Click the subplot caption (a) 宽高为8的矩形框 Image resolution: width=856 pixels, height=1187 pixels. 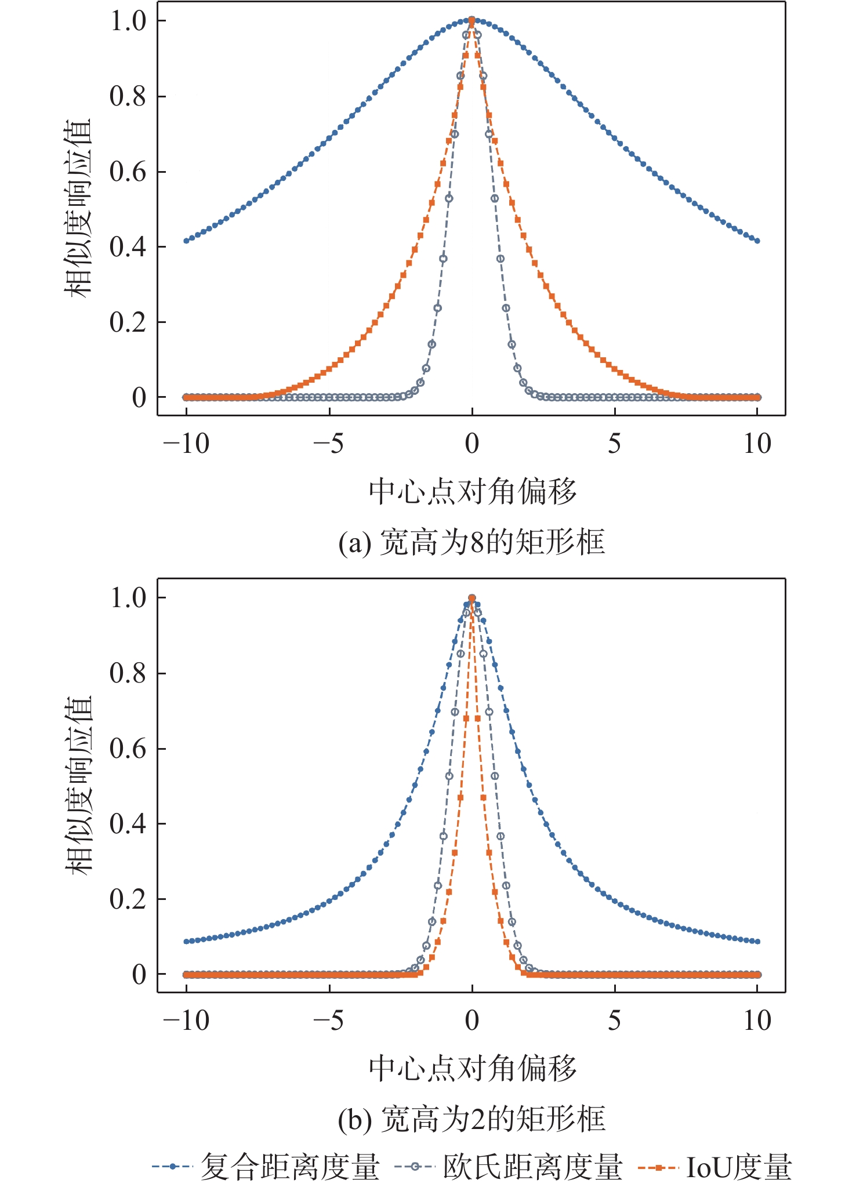(471, 542)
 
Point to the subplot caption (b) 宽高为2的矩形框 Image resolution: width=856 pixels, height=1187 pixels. (471, 1119)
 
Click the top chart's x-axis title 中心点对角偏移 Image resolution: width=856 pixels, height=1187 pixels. (473, 492)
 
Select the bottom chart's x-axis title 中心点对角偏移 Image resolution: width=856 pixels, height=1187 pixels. (473, 1068)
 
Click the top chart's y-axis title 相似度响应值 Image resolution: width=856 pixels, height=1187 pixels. (78, 209)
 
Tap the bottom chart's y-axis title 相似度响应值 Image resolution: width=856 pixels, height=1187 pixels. (78, 785)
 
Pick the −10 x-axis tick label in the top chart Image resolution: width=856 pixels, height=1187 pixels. (186, 444)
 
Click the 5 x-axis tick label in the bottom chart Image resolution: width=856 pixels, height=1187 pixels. (615, 1021)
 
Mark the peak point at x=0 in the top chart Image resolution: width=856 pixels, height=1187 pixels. (471, 20)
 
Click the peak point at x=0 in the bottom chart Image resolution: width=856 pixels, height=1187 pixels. (471, 598)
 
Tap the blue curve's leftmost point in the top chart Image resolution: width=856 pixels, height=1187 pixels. (186, 241)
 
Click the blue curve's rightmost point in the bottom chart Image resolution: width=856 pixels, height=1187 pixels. (757, 941)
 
